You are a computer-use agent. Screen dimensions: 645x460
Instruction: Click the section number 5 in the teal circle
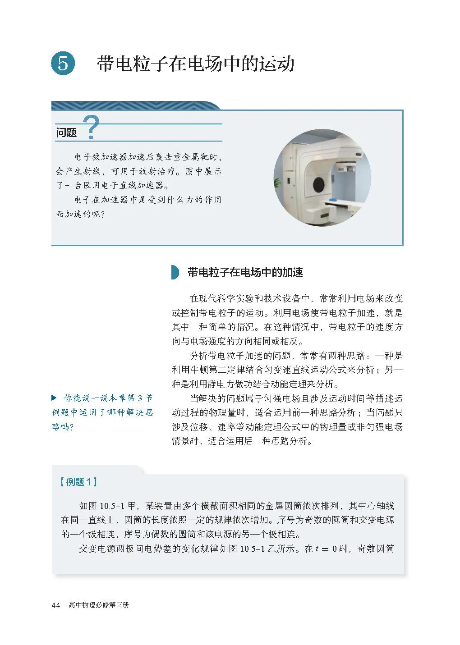[63, 63]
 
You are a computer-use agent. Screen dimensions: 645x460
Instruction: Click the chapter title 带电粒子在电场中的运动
[195, 64]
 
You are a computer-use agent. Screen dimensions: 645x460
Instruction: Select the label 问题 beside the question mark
[67, 133]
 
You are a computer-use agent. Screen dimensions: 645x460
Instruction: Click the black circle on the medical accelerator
[319, 183]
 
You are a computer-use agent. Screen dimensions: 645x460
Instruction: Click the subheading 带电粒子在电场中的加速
[245, 272]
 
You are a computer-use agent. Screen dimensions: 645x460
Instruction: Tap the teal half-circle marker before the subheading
[175, 272]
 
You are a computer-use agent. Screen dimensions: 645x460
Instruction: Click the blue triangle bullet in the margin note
[54, 398]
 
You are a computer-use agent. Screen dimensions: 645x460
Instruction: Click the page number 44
[56, 605]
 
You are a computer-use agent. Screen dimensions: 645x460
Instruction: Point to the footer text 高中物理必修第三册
[99, 605]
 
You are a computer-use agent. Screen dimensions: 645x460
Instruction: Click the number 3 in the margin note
[140, 398]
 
